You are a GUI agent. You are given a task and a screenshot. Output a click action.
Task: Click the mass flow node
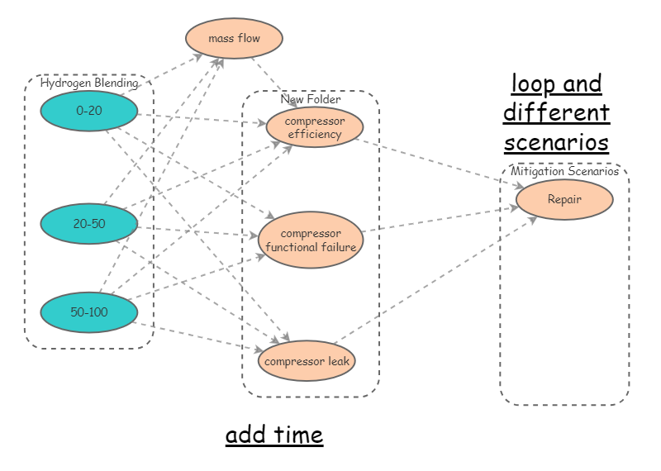click(234, 38)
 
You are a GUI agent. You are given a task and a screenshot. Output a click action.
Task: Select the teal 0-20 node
click(89, 112)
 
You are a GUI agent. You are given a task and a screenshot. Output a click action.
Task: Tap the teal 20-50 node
click(89, 223)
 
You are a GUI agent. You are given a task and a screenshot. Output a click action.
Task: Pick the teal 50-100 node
click(89, 312)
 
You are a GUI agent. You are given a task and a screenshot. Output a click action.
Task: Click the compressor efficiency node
click(315, 127)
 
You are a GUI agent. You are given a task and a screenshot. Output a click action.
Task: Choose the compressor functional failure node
click(311, 240)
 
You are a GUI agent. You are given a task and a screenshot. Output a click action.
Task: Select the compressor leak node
click(307, 361)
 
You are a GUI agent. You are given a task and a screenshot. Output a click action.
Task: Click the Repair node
click(564, 199)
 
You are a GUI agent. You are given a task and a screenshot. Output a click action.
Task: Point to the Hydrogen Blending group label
click(89, 83)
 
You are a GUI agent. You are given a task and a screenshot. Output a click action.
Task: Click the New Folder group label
click(311, 99)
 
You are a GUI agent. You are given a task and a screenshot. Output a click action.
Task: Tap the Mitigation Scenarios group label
click(564, 172)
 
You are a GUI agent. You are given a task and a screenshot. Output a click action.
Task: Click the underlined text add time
click(274, 435)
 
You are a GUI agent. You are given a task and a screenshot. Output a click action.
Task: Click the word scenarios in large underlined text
click(556, 141)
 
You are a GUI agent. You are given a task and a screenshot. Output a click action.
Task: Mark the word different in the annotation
click(556, 112)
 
